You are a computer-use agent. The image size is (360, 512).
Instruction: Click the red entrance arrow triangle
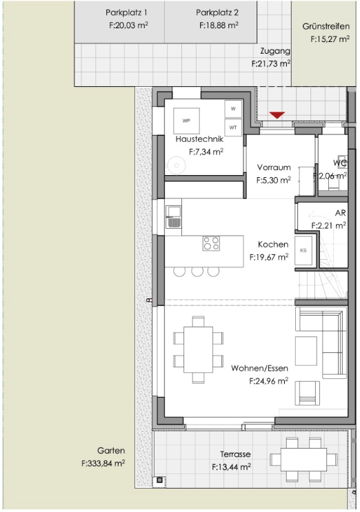[277, 115]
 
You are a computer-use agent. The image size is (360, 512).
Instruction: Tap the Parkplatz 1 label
[126, 13]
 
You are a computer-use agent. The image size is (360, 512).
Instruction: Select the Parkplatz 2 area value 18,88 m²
[217, 24]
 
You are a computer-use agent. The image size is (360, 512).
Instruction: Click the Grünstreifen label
[321, 26]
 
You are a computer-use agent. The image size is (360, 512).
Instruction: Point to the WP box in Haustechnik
[186, 121]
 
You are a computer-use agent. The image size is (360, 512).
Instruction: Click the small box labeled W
[232, 110]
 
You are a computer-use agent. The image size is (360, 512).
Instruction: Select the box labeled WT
[232, 127]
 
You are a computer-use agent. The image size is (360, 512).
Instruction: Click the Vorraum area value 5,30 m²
[273, 180]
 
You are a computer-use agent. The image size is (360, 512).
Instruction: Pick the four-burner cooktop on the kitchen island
[211, 243]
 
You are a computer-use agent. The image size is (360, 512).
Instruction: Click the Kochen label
[272, 245]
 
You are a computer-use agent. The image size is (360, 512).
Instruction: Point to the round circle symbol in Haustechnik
[177, 164]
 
